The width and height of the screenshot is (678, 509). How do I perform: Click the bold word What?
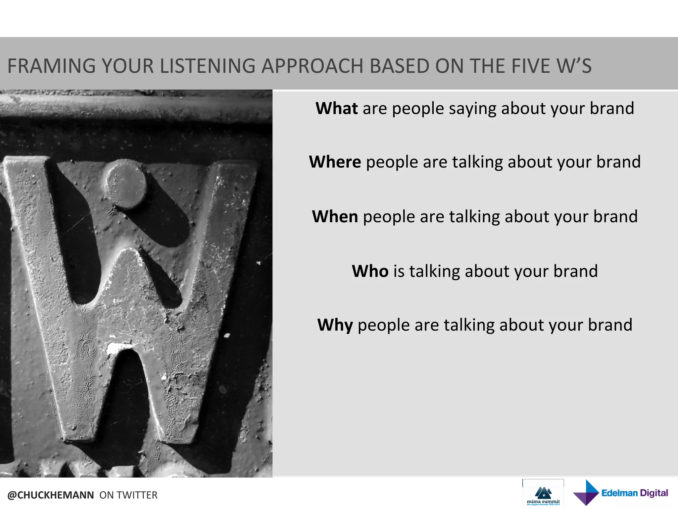coord(336,108)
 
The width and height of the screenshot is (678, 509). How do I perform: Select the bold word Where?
coord(335,162)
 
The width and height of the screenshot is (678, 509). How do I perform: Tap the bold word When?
coord(335,217)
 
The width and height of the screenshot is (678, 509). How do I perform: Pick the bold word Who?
coord(370,271)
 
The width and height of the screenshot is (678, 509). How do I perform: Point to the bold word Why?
coord(335,325)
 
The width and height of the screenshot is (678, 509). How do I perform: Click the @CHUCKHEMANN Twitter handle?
coord(51,495)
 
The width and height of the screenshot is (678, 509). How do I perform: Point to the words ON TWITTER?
coord(128,495)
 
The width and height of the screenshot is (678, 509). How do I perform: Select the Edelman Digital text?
coord(635,493)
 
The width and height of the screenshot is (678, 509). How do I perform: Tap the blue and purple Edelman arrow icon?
coord(586,493)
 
